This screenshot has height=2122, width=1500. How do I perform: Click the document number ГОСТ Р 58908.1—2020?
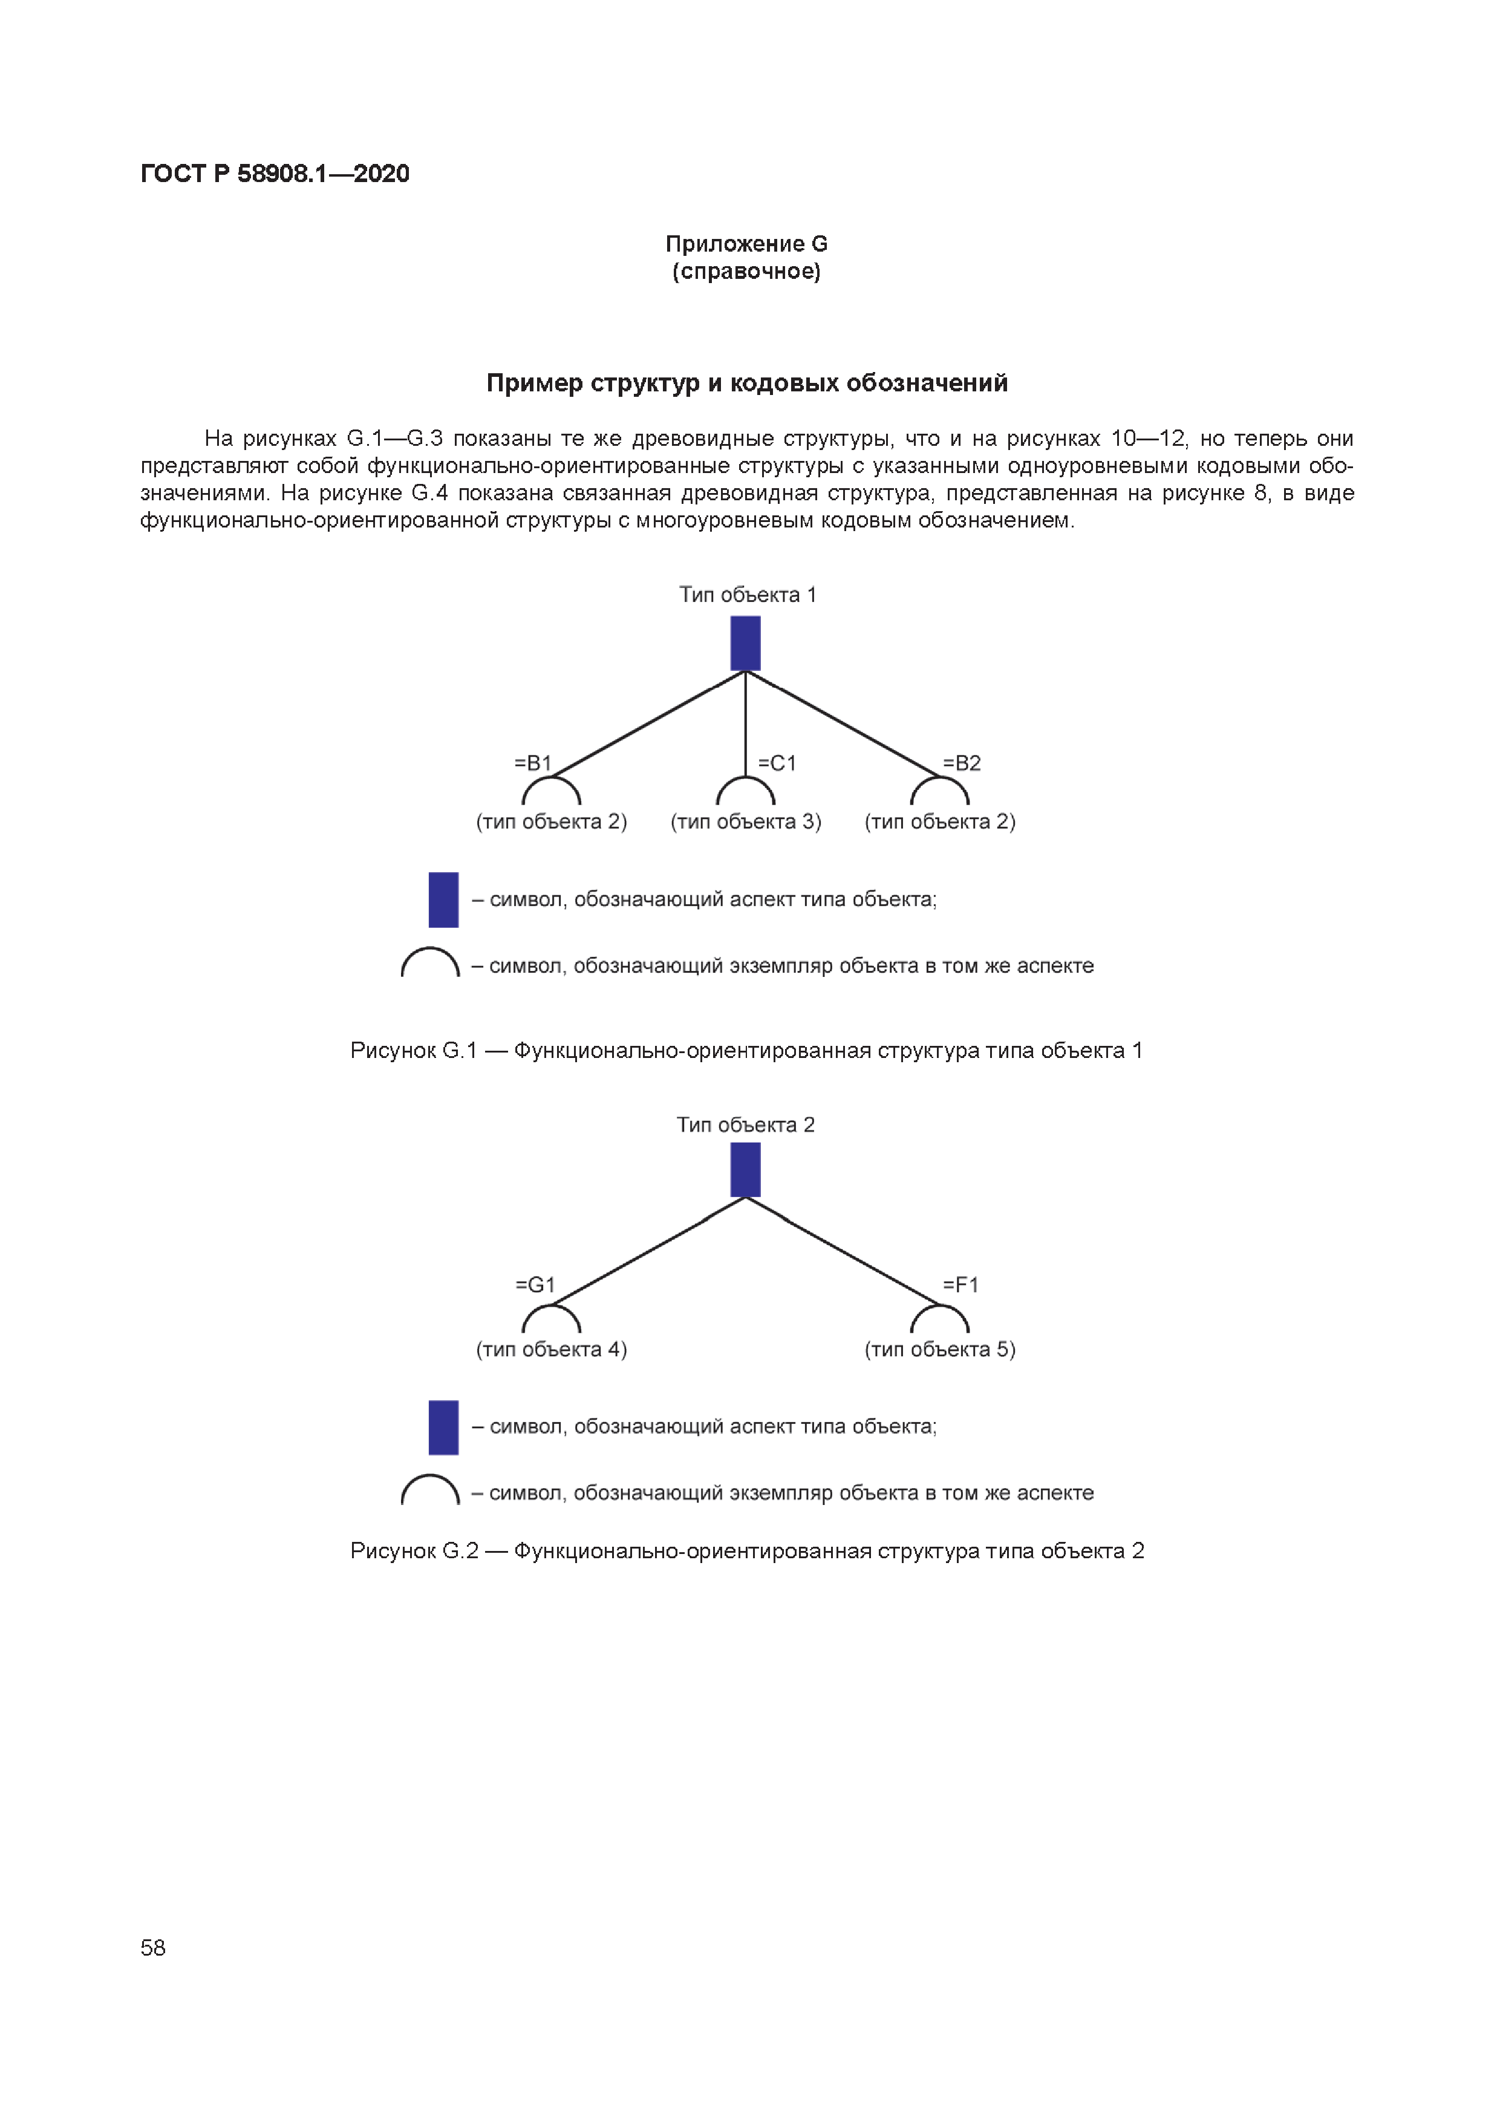[275, 174]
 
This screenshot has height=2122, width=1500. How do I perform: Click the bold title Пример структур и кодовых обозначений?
[747, 383]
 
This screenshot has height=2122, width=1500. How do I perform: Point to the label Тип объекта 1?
[748, 594]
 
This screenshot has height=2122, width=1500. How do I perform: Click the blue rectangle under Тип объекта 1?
[745, 643]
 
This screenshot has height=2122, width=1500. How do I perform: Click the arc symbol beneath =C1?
[745, 791]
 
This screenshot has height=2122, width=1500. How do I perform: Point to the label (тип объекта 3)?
[745, 821]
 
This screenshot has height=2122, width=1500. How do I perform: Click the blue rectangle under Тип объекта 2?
[745, 1170]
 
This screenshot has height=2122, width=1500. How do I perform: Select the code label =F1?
[960, 1285]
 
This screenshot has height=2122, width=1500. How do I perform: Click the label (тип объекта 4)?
[551, 1350]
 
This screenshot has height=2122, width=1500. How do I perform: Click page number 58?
[154, 1947]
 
